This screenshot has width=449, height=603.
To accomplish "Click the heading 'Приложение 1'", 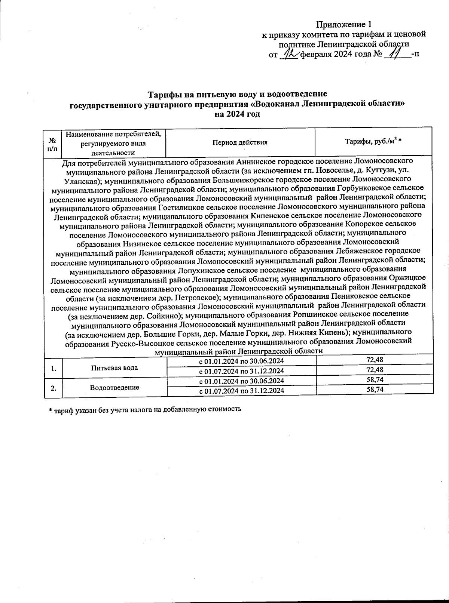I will click(344, 25).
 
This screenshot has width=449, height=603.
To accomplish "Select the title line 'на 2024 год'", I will click(237, 114).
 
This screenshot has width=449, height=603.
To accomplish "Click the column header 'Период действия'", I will click(240, 142).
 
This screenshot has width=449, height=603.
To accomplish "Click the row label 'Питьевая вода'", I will click(114, 368).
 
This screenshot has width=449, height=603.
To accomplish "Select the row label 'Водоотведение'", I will click(114, 387).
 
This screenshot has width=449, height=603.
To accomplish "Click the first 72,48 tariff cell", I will click(374, 360).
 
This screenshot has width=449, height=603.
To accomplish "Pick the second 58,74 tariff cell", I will click(374, 390).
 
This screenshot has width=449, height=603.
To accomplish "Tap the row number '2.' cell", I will click(54, 388).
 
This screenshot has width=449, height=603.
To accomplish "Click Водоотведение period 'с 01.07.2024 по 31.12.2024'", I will click(241, 391).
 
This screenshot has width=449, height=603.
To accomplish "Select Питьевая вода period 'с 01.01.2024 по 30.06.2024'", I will click(241, 361).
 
